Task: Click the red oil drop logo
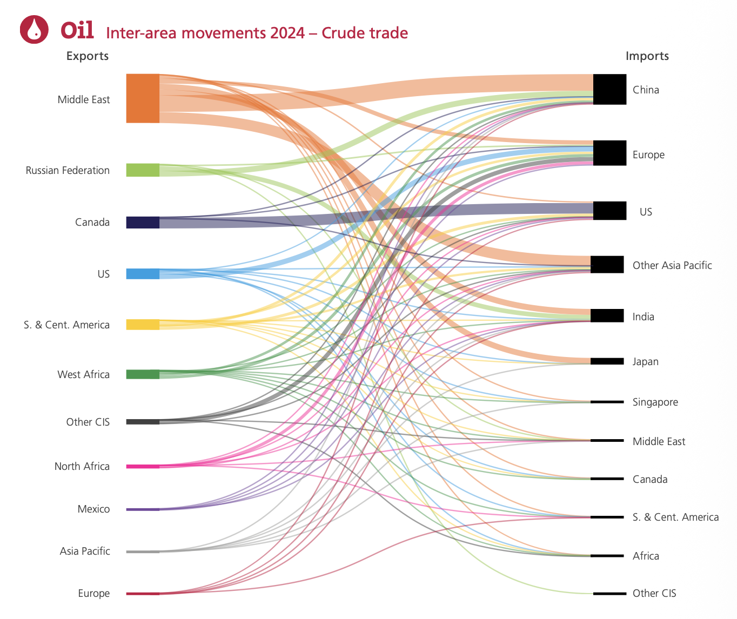(x=34, y=29)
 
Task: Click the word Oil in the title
(x=77, y=30)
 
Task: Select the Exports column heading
(x=87, y=56)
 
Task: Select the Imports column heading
(x=647, y=56)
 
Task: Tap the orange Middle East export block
(x=143, y=98)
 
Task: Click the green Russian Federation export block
(x=143, y=170)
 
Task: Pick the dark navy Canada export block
(x=143, y=223)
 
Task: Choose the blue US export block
(x=143, y=274)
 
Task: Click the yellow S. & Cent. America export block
(x=143, y=325)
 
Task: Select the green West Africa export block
(x=143, y=374)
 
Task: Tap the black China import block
(x=609, y=90)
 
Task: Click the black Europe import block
(x=609, y=153)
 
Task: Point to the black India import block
(x=607, y=316)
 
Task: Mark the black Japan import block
(x=607, y=361)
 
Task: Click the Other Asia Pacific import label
(x=672, y=265)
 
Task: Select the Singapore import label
(x=655, y=402)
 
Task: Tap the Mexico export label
(x=93, y=509)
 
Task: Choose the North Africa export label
(x=82, y=467)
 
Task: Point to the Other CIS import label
(x=654, y=594)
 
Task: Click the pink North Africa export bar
(x=143, y=466)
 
